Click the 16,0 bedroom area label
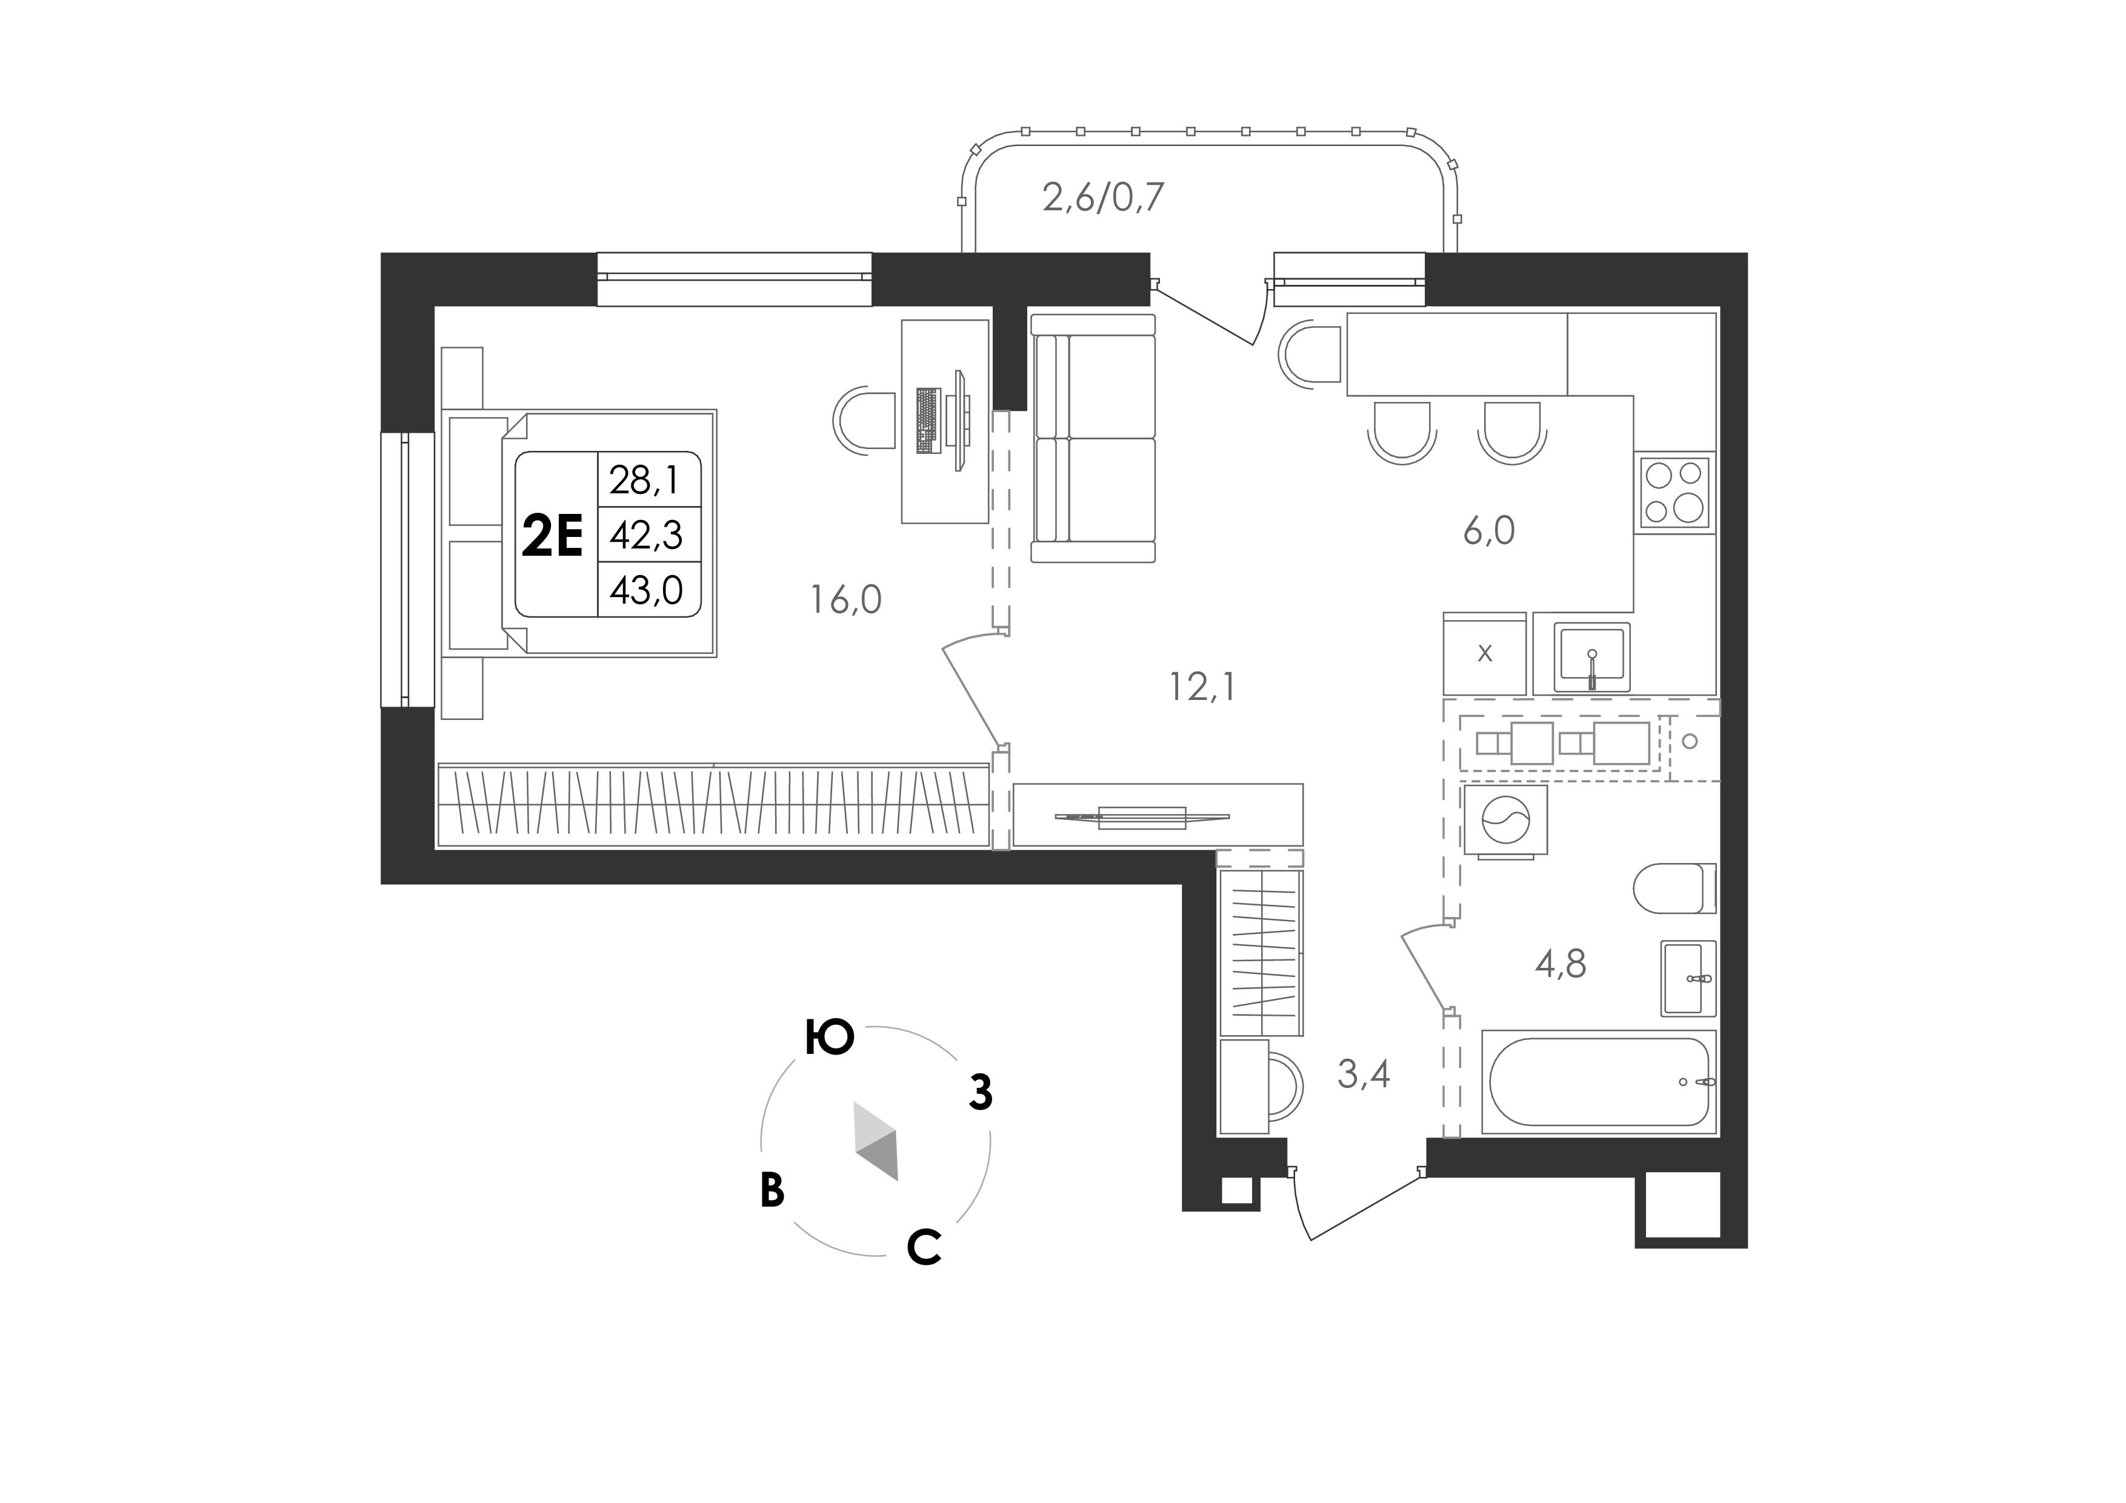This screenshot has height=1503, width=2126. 846,600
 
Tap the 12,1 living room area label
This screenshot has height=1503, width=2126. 1202,687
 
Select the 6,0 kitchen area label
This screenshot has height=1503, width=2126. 1489,531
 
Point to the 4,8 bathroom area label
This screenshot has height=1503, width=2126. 1561,964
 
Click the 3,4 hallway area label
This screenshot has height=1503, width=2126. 1364,1075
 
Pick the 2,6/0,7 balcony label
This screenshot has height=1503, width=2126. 1103,197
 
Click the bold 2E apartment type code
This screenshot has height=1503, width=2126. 552,536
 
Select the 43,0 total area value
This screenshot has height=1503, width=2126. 646,590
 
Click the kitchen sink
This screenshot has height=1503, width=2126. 1591,656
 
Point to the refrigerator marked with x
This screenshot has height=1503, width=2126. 1484,653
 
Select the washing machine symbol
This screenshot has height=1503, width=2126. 1505,821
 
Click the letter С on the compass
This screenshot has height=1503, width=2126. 924,1247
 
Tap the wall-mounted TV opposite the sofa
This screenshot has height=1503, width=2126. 1142,817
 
